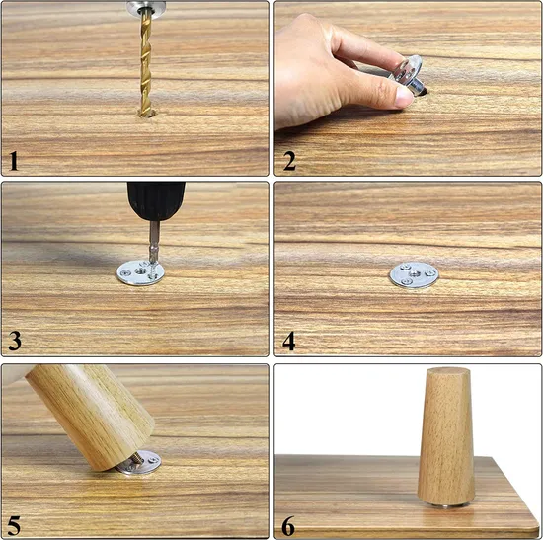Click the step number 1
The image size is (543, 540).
(14, 161)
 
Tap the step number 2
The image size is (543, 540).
(289, 161)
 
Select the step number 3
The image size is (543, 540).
(15, 341)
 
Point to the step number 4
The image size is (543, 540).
(289, 342)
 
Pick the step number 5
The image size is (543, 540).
(14, 526)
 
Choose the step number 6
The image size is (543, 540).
(288, 526)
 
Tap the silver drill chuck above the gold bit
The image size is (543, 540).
(146, 7)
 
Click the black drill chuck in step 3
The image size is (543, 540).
(156, 201)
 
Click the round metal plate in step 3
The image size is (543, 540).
(140, 272)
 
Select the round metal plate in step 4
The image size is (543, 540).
(414, 275)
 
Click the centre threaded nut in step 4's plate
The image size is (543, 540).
(415, 274)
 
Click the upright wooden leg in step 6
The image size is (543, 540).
(445, 436)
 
